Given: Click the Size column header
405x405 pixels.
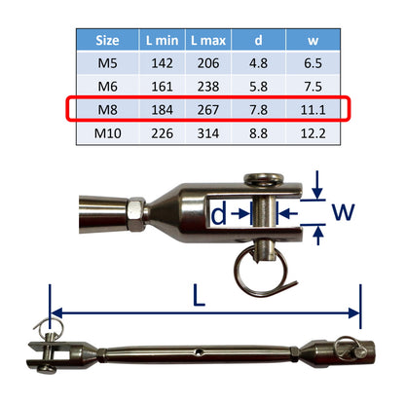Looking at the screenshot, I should click(109, 42).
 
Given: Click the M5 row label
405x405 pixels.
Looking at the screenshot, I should click(109, 63).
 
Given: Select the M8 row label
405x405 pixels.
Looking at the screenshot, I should click(109, 109).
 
